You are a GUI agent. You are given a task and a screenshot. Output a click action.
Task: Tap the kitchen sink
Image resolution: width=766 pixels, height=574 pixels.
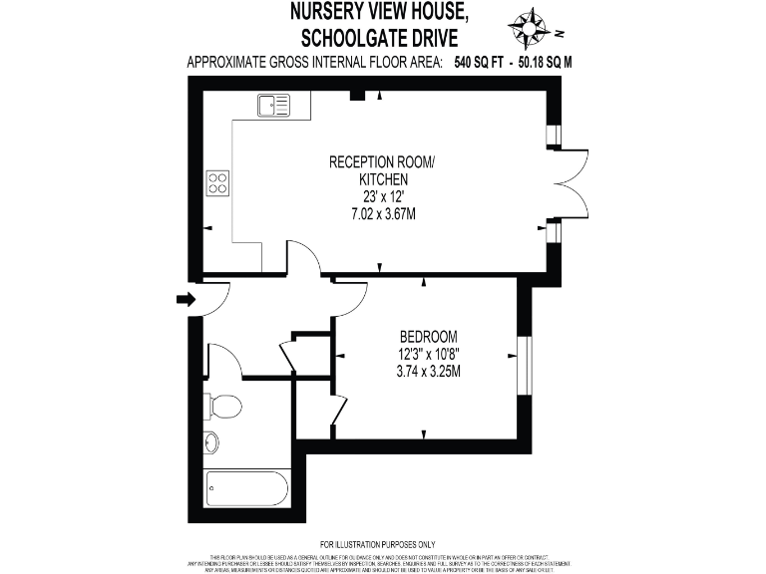[272, 104]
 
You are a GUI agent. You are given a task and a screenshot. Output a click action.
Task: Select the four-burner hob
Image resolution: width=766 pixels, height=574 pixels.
[216, 182]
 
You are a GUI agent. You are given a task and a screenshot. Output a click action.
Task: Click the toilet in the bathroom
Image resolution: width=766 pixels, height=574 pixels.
[222, 407]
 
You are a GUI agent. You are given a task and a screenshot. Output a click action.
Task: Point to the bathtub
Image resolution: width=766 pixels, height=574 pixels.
[246, 489]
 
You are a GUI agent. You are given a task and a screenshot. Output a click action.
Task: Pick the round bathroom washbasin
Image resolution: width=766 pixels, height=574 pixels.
[211, 441]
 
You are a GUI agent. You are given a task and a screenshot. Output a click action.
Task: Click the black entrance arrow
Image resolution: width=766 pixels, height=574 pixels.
[186, 299]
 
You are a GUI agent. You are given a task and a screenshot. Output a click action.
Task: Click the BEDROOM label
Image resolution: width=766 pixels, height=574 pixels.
[428, 336]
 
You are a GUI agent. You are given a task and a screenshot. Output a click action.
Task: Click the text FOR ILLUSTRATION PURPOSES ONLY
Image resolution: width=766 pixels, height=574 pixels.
[383, 543]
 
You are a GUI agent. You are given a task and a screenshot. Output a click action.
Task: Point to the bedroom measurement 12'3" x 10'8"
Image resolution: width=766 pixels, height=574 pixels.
[428, 354]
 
